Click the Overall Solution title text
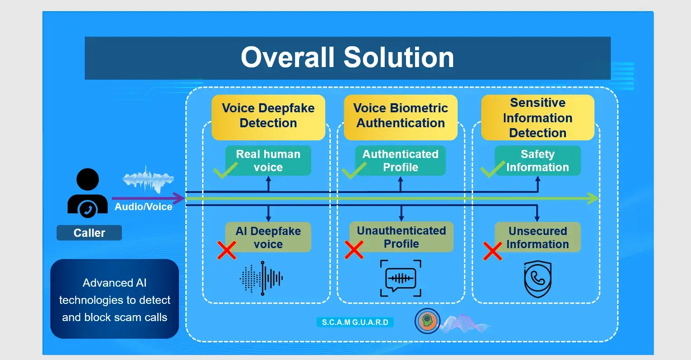tap(347, 58)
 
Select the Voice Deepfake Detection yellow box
tap(268, 116)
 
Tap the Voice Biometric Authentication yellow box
tap(401, 116)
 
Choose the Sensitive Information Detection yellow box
tap(537, 117)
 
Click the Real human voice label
tap(268, 161)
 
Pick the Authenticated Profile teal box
tap(401, 161)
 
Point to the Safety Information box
tap(537, 161)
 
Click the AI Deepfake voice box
tap(268, 237)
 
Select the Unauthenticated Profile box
tap(401, 237)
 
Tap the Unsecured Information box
tap(537, 237)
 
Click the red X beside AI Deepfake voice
tap(227, 250)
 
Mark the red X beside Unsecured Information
tap(493, 251)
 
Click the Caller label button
tap(89, 233)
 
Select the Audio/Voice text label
tap(143, 207)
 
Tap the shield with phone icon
tap(537, 278)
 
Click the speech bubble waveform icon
tap(401, 278)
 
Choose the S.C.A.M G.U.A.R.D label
tap(355, 322)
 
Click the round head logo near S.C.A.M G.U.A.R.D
tap(427, 321)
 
